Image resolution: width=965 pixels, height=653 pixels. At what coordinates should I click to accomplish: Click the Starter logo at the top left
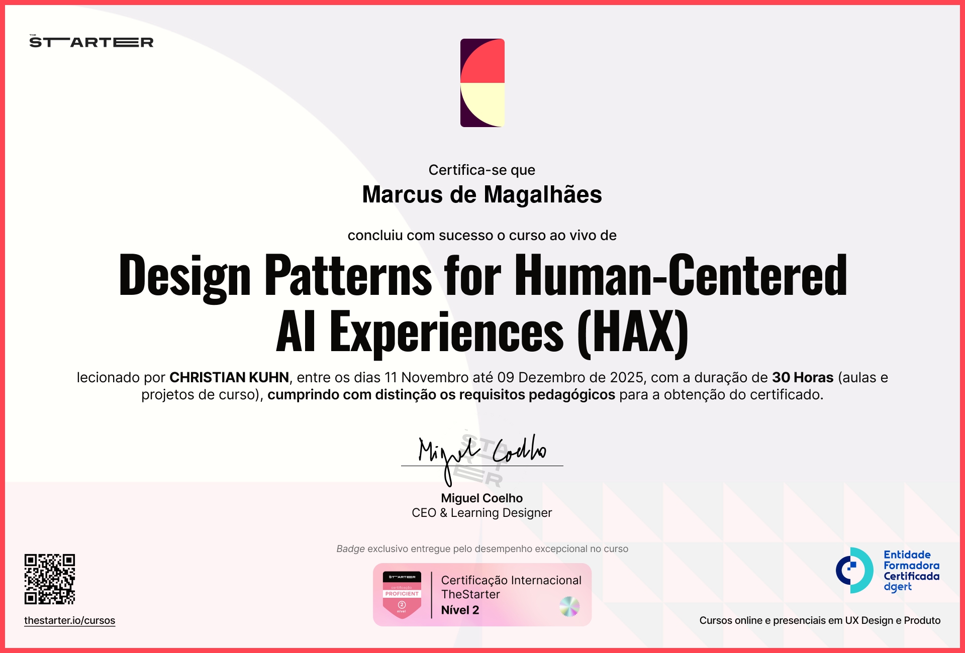(x=91, y=42)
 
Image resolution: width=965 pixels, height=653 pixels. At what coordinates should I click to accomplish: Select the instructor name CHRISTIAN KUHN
(x=229, y=377)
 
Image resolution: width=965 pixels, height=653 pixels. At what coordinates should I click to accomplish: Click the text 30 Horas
(x=803, y=377)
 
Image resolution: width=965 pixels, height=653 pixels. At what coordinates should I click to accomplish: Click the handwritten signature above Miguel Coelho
(x=481, y=452)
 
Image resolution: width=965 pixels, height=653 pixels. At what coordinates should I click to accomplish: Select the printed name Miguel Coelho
(x=481, y=498)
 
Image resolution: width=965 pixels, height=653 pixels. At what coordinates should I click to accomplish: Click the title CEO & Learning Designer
(x=481, y=512)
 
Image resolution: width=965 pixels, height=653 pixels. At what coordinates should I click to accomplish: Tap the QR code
(x=50, y=579)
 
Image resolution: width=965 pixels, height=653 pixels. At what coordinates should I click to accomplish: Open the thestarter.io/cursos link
(x=70, y=620)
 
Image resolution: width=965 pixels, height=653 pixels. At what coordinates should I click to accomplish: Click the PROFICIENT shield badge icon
(x=402, y=595)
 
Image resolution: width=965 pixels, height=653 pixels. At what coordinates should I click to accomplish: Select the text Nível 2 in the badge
(x=460, y=610)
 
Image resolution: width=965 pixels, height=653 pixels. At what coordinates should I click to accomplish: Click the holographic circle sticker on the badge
(x=569, y=606)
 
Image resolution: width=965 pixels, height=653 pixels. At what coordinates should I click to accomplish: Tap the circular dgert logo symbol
(x=854, y=570)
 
